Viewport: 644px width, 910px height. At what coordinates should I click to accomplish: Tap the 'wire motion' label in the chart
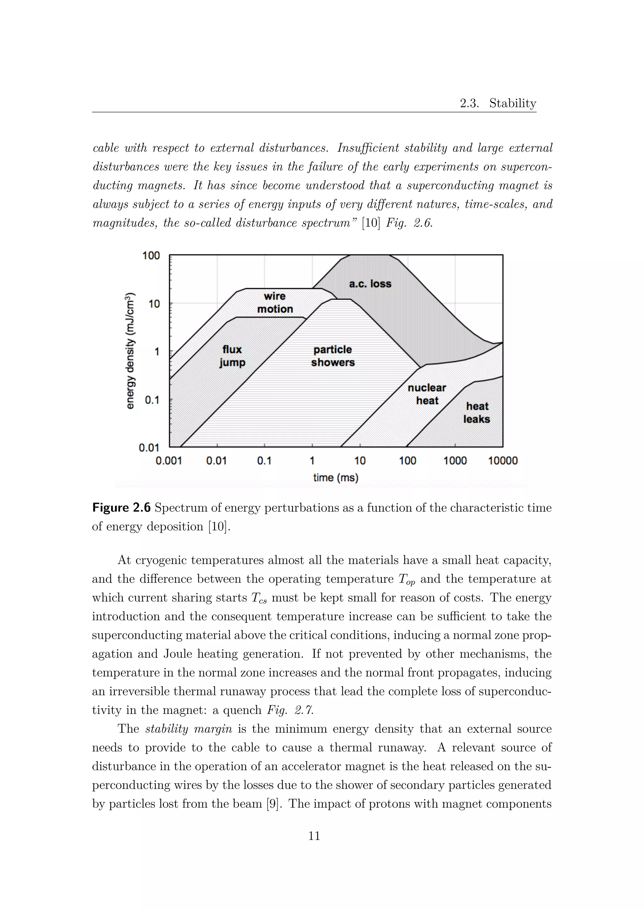(275, 302)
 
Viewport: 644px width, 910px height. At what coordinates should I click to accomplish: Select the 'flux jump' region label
(232, 356)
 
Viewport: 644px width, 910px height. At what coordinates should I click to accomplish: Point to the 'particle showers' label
(333, 356)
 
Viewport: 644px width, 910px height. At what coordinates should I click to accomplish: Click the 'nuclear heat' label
(427, 394)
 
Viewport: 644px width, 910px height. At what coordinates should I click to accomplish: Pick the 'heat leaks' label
(477, 413)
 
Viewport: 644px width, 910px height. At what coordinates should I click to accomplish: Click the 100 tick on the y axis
(151, 256)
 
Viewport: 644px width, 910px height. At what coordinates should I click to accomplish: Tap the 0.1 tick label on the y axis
(152, 400)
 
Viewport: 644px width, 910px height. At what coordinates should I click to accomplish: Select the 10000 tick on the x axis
(502, 461)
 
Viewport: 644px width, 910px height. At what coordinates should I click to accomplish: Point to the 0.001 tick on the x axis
(169, 461)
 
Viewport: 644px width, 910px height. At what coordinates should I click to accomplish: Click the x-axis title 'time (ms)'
(336, 478)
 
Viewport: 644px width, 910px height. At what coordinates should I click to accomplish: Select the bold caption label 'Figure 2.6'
(121, 508)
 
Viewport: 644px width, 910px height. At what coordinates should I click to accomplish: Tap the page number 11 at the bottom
(314, 836)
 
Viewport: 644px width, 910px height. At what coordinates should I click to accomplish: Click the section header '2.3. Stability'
(498, 103)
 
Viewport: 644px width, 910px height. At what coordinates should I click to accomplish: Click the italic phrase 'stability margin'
(189, 729)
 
